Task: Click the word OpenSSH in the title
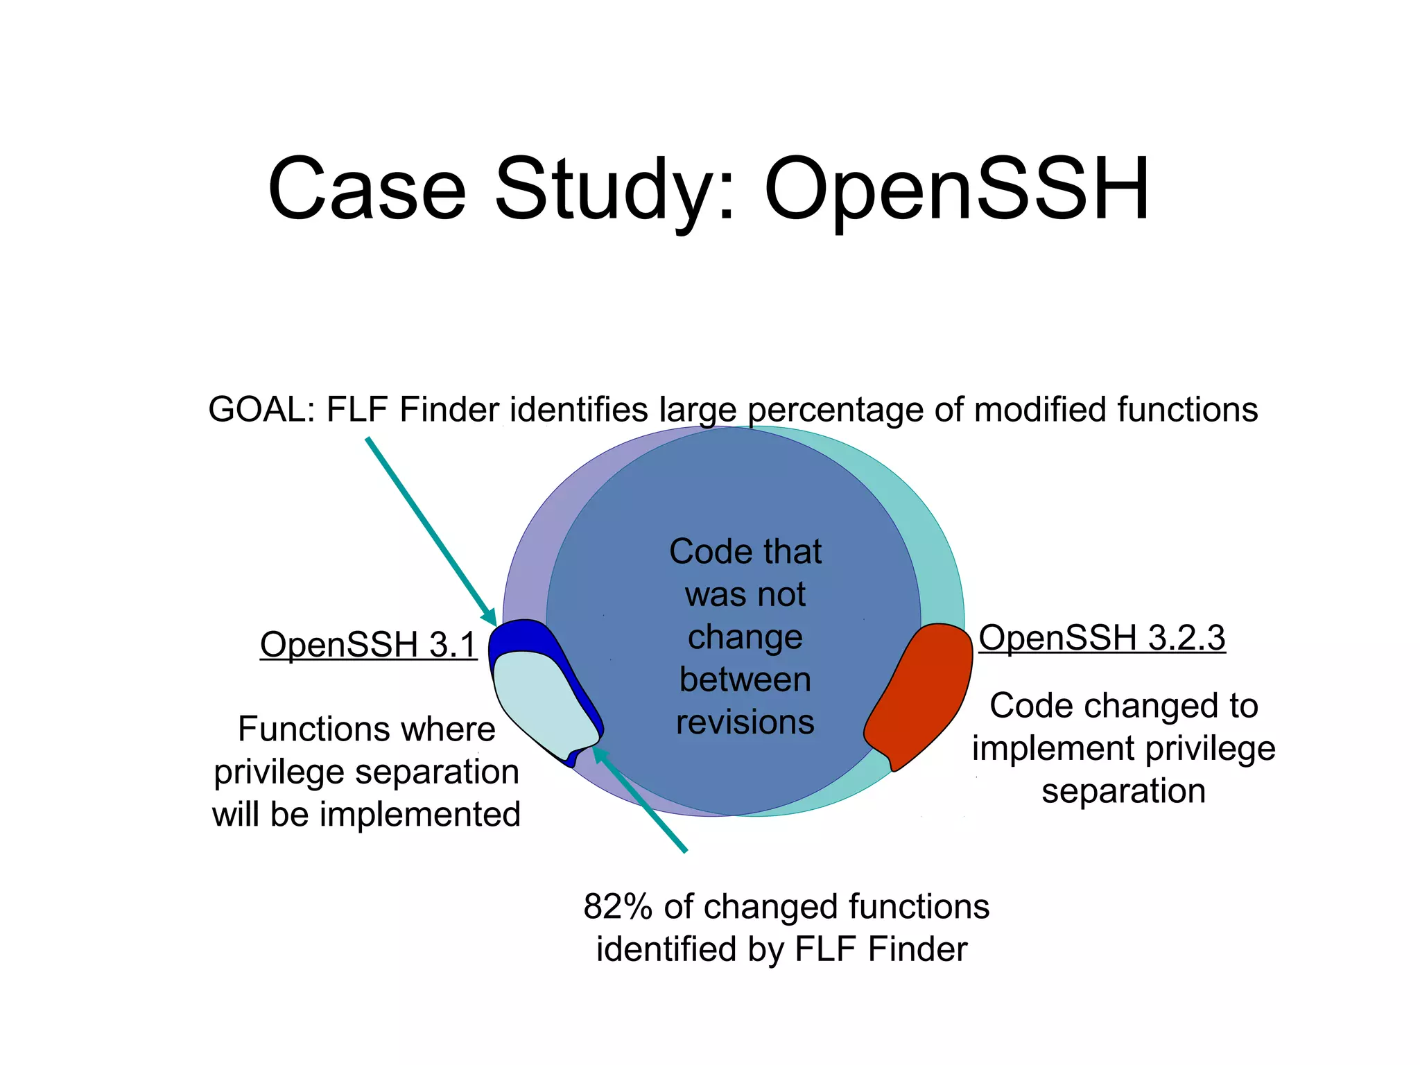point(957,189)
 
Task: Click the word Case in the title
point(367,189)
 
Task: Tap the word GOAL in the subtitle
point(261,409)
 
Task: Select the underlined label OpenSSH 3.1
point(368,644)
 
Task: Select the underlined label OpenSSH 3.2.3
point(1102,637)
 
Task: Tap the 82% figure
point(618,906)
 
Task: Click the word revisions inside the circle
point(745,722)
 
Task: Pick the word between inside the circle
point(745,679)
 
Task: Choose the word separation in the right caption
point(1123,791)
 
